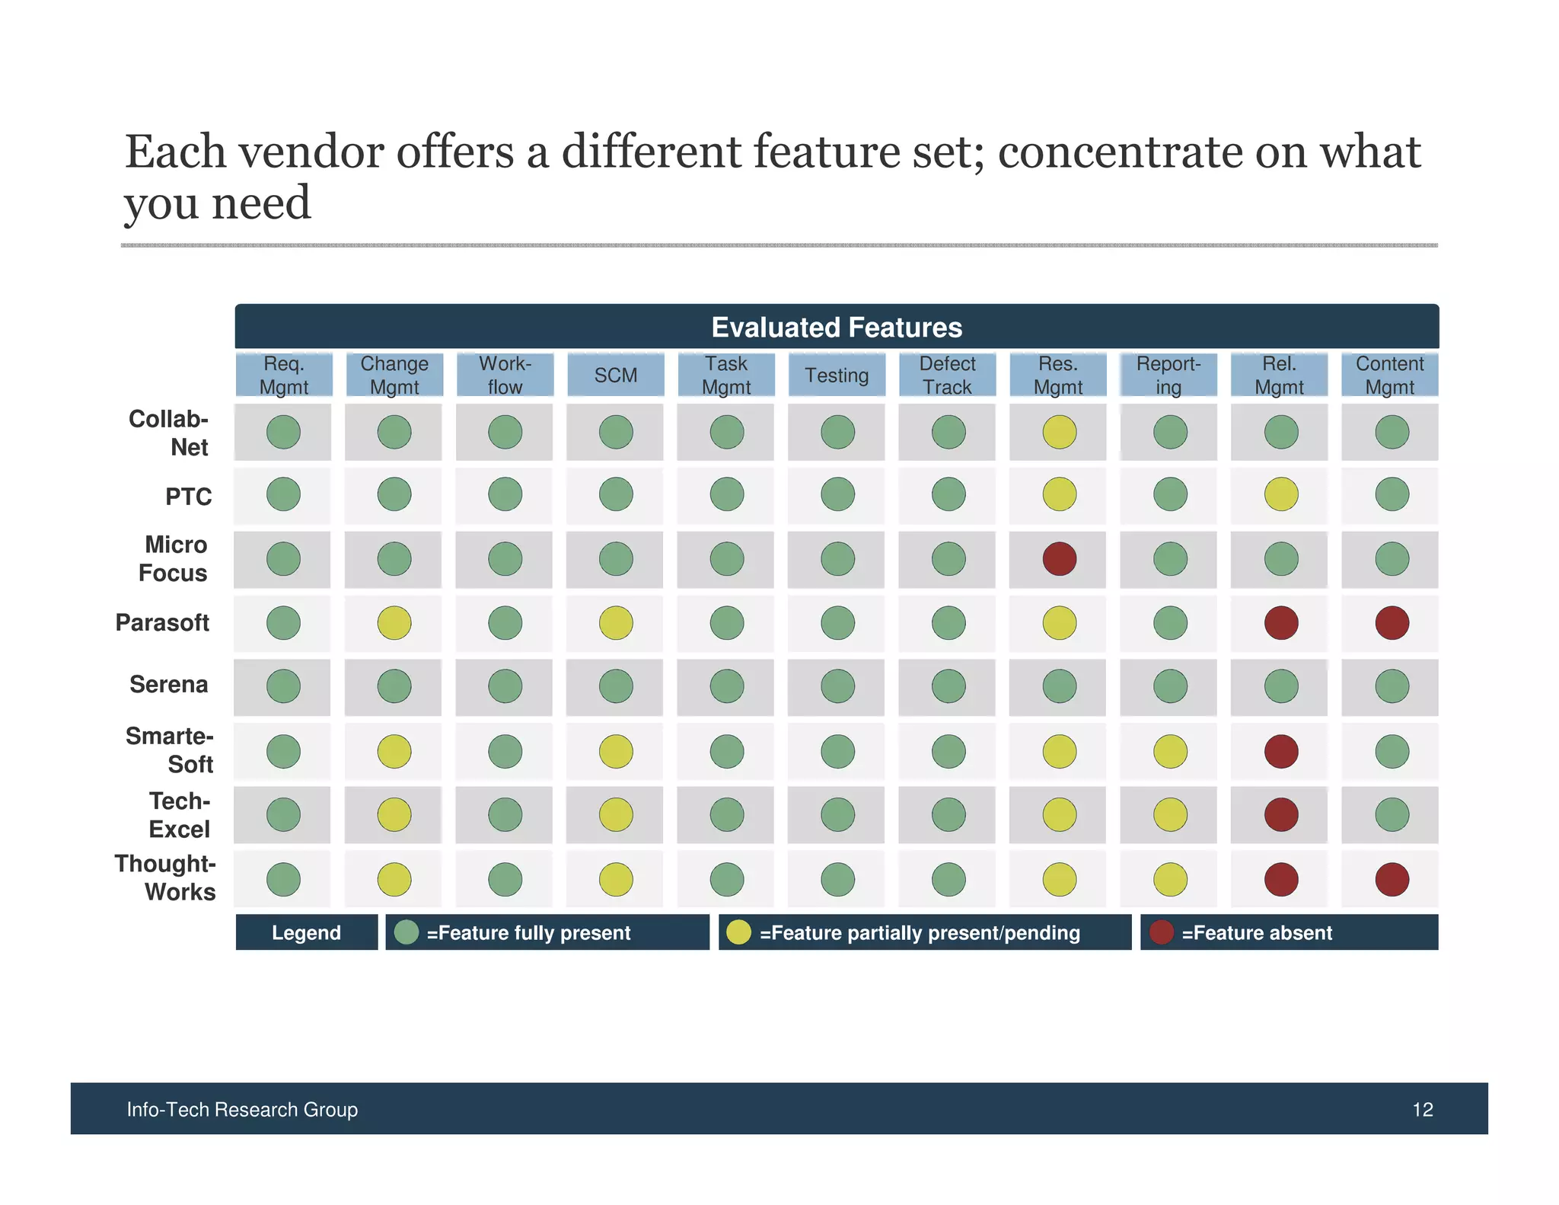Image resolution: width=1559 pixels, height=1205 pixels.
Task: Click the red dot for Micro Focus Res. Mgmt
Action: (x=1059, y=559)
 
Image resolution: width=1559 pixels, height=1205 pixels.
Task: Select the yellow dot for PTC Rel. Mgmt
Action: (x=1281, y=494)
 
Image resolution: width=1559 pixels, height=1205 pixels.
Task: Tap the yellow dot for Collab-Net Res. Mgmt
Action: (x=1059, y=432)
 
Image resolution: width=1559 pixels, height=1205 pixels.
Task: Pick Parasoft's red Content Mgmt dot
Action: (x=1392, y=623)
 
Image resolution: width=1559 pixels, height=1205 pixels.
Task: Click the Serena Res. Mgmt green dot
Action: (x=1059, y=686)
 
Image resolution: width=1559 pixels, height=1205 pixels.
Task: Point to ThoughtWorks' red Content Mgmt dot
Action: (x=1392, y=879)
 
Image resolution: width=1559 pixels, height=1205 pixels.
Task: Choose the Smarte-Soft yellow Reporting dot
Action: (x=1170, y=752)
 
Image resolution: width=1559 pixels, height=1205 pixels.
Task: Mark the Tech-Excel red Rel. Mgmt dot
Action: (x=1281, y=815)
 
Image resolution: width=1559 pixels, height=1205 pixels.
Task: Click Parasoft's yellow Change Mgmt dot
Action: (x=394, y=623)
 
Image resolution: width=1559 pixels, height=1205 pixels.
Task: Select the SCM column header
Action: (x=615, y=376)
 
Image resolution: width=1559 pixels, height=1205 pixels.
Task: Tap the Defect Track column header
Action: (x=947, y=376)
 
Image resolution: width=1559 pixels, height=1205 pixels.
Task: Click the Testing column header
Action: (x=837, y=376)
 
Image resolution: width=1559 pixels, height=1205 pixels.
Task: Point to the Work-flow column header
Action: (x=505, y=376)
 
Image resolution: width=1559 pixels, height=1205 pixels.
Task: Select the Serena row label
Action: (x=168, y=684)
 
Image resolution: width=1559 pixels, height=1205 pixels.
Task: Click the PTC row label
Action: (x=188, y=497)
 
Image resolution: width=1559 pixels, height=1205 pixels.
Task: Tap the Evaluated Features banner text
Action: (x=837, y=328)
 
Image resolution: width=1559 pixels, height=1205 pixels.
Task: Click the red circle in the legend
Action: (x=1162, y=932)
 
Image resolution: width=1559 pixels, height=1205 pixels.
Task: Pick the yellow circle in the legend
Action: (x=738, y=932)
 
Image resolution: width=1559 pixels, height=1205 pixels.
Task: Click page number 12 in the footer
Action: (x=1422, y=1110)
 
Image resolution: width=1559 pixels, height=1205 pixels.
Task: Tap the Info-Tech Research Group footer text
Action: (x=242, y=1110)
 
